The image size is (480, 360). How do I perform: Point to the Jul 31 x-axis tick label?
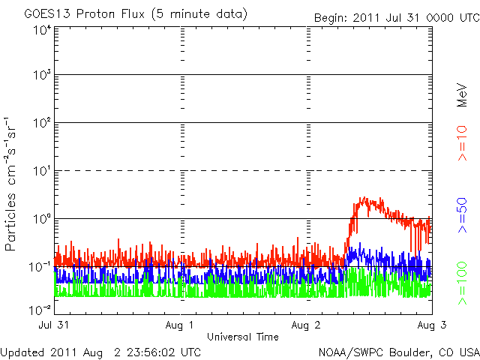click(x=53, y=325)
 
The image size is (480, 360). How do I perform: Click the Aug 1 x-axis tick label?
click(x=180, y=325)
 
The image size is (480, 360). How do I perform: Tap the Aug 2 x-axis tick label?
click(x=306, y=325)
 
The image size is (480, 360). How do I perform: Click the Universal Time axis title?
click(x=244, y=337)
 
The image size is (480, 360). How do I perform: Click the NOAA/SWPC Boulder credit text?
click(x=397, y=352)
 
